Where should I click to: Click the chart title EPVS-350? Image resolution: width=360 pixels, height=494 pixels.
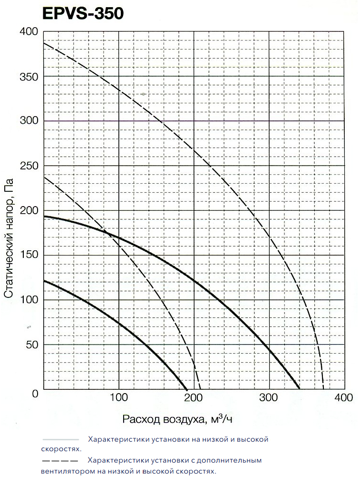tap(83, 13)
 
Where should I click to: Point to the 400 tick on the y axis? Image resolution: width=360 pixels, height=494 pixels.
tap(29, 31)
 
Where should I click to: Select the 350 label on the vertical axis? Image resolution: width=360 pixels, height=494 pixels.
tap(29, 76)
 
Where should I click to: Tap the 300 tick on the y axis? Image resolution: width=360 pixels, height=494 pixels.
tap(29, 121)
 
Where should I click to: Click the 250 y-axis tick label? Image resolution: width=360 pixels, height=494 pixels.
tap(29, 166)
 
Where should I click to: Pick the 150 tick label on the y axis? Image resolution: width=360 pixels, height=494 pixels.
tap(29, 255)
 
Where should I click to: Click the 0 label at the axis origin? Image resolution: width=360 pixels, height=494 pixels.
tap(35, 394)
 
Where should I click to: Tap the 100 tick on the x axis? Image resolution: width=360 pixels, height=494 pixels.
tap(118, 398)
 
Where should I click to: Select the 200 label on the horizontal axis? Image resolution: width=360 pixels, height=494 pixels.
tap(194, 398)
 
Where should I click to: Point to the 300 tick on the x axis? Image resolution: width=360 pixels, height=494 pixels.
tap(269, 398)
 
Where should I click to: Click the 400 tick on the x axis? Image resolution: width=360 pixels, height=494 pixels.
tap(344, 398)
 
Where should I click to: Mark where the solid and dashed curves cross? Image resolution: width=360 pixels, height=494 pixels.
tap(109, 234)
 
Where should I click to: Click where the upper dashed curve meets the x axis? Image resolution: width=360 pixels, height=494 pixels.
tap(323, 389)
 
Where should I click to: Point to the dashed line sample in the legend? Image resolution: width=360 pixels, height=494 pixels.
tap(59, 461)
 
